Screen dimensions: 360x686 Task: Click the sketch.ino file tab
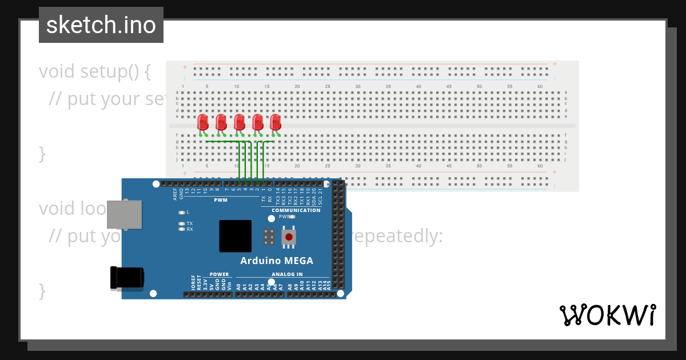(x=101, y=25)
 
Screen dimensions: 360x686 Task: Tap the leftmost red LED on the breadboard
(x=202, y=122)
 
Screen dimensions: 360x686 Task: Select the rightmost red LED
(x=276, y=122)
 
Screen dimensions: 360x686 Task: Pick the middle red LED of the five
(x=239, y=122)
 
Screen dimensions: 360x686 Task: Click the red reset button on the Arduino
(x=289, y=237)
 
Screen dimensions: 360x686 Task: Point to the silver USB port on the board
(x=124, y=215)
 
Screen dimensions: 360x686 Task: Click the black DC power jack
(x=127, y=278)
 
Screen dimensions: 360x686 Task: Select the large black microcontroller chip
(x=235, y=236)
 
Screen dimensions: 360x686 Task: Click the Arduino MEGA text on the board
(x=277, y=261)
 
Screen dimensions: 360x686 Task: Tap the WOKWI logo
(x=607, y=315)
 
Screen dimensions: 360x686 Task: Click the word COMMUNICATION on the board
(x=296, y=210)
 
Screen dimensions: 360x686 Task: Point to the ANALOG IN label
(x=287, y=274)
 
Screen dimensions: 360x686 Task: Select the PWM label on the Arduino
(x=221, y=200)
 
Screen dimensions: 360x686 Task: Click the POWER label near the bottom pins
(x=219, y=274)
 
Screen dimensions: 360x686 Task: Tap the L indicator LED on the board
(x=182, y=212)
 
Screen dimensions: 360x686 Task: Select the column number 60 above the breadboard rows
(x=540, y=86)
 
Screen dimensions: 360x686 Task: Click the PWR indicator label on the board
(x=284, y=217)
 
